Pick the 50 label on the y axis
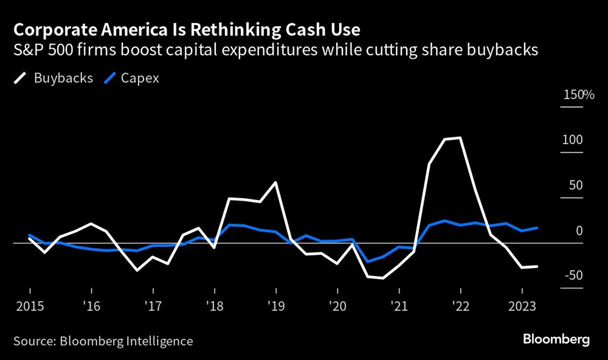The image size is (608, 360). tap(575, 185)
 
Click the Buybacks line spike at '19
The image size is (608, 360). tap(276, 182)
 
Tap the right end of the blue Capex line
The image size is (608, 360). tap(537, 228)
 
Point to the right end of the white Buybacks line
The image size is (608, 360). tap(537, 266)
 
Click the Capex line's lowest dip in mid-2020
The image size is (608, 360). tap(368, 261)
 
